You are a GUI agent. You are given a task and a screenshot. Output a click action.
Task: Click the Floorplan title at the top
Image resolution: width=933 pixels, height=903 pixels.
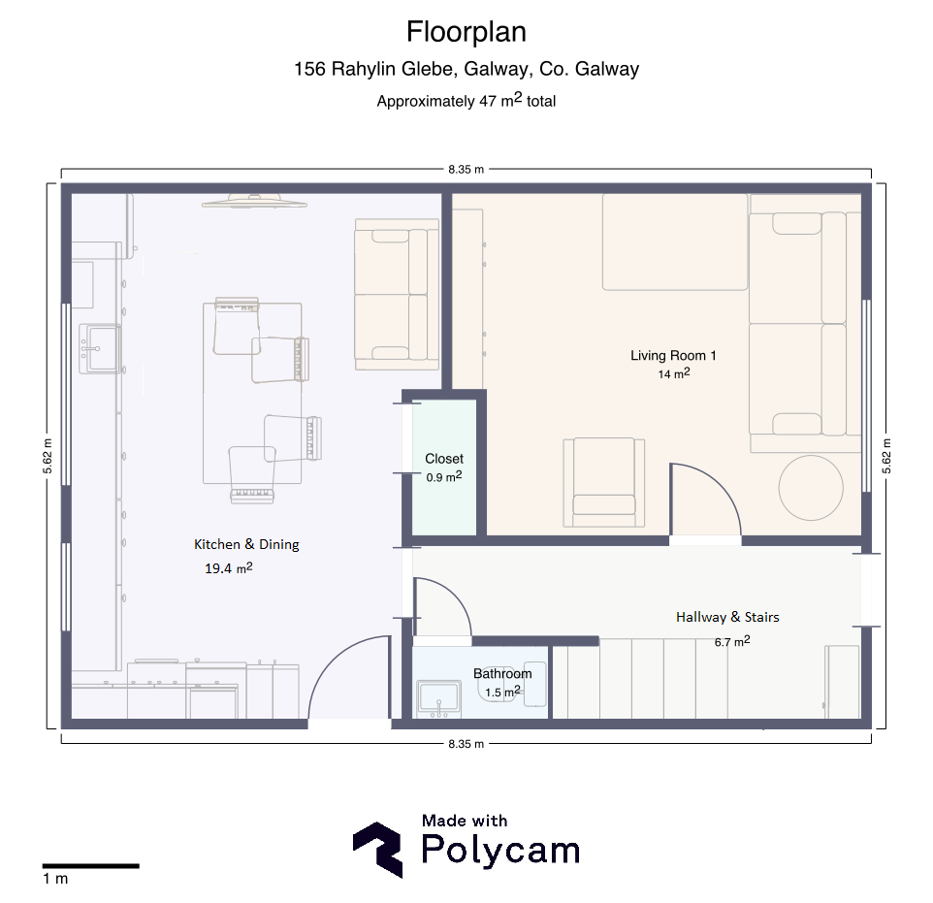tap(466, 32)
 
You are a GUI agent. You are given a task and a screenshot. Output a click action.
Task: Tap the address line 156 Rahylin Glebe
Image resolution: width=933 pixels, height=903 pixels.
tap(466, 69)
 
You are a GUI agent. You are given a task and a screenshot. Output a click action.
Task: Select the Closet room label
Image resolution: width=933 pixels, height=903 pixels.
tap(444, 459)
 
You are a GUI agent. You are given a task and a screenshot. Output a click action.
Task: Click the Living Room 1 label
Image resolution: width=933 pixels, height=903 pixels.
tap(673, 355)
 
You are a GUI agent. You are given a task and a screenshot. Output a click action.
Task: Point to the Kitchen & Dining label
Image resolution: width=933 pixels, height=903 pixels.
tap(246, 545)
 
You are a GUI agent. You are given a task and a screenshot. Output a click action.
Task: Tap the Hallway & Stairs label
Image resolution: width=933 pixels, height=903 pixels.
tap(727, 617)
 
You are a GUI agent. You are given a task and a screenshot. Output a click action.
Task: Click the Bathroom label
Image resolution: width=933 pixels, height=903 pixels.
tap(502, 674)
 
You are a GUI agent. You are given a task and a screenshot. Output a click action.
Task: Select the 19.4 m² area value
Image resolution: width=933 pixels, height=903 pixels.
tap(229, 568)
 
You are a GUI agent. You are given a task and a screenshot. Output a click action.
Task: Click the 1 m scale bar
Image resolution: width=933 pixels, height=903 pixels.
tap(90, 866)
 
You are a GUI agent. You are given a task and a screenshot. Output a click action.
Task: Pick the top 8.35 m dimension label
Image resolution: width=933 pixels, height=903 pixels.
tap(466, 170)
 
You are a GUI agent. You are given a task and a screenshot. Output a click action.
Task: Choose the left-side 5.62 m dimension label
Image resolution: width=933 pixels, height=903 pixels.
tap(48, 456)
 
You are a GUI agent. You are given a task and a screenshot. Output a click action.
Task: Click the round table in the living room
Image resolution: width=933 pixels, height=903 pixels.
tap(811, 488)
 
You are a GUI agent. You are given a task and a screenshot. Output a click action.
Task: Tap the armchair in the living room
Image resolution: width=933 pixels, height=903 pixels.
tap(604, 483)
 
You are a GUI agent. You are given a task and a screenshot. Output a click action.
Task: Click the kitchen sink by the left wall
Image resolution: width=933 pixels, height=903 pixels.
tap(100, 349)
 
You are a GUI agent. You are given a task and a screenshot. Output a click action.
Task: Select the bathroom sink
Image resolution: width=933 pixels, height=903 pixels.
tap(438, 698)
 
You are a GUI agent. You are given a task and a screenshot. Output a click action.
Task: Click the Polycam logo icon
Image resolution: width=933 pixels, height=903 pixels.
tap(377, 850)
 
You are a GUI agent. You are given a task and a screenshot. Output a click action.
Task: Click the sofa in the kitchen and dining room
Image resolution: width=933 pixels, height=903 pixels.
tap(397, 295)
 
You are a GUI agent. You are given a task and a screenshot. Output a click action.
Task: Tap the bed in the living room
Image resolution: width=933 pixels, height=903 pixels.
tap(675, 242)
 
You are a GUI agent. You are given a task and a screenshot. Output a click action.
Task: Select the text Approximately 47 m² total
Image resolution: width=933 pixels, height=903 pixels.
tap(466, 100)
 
